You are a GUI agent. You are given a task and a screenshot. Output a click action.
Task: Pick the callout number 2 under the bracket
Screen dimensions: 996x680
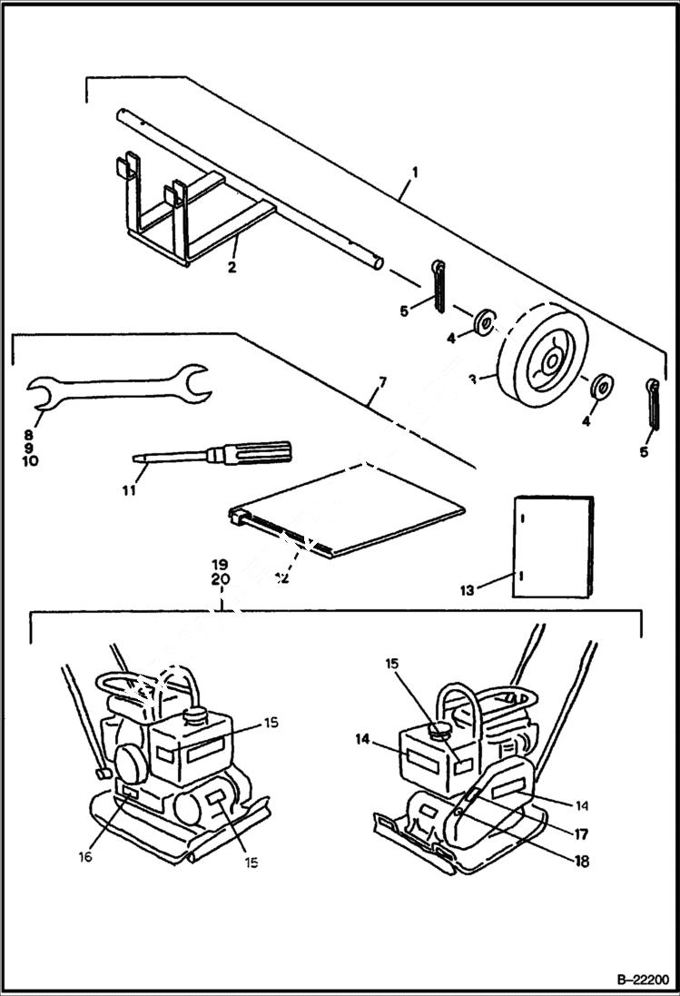point(232,268)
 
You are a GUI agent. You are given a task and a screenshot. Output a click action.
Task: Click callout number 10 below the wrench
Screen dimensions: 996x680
point(28,461)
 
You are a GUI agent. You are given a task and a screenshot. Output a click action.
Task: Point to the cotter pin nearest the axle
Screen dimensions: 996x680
point(439,283)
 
